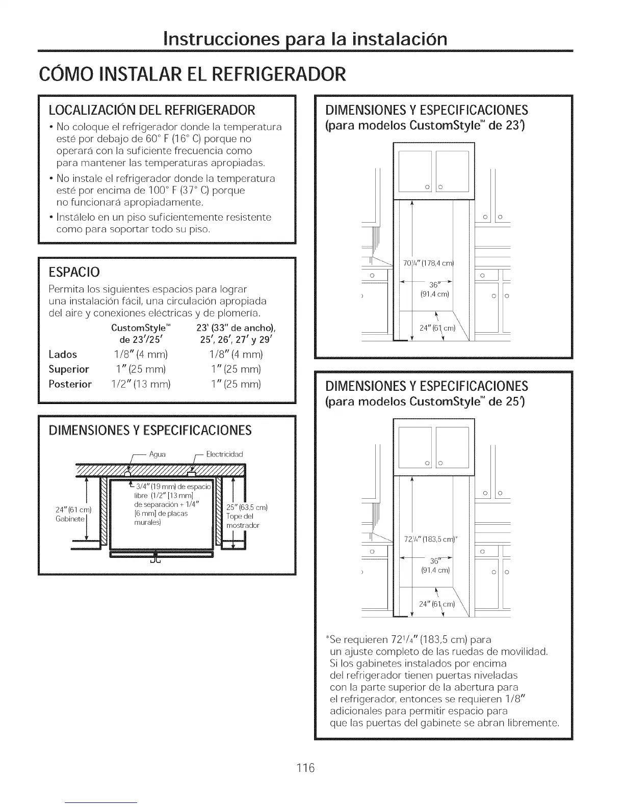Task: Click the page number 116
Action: click(x=307, y=767)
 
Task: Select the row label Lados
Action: click(x=63, y=355)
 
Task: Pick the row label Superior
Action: click(x=69, y=369)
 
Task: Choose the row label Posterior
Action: click(x=70, y=384)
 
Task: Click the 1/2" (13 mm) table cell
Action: click(x=140, y=384)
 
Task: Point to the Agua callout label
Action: click(x=158, y=454)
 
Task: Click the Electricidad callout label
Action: click(x=224, y=454)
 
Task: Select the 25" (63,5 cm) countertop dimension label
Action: click(x=247, y=507)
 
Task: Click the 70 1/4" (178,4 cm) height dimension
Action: click(x=428, y=263)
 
